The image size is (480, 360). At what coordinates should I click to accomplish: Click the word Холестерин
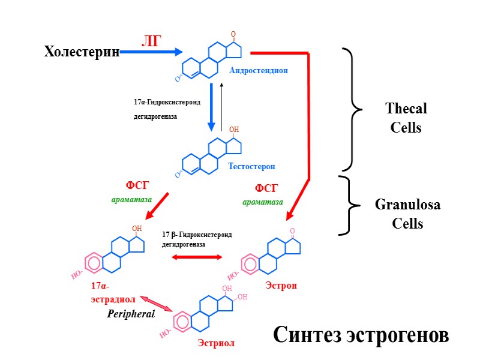(x=82, y=52)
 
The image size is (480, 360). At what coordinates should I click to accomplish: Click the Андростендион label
(x=258, y=70)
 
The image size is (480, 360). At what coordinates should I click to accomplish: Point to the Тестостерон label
(x=251, y=166)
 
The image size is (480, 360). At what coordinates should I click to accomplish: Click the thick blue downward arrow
(x=211, y=107)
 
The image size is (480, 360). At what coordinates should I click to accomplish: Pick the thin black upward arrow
(x=221, y=106)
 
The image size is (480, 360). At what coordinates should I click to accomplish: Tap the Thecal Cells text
(x=406, y=118)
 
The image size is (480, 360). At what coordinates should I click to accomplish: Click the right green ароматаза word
(x=263, y=202)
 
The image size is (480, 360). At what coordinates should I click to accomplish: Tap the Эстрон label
(x=281, y=286)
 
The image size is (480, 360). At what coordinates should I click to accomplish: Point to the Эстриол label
(x=216, y=343)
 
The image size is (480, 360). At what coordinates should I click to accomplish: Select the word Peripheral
(x=131, y=313)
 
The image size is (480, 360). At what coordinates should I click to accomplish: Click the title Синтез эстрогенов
(x=361, y=334)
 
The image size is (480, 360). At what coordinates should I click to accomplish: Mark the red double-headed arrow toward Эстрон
(x=197, y=257)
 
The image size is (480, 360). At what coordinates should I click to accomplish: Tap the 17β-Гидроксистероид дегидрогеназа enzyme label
(x=196, y=239)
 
